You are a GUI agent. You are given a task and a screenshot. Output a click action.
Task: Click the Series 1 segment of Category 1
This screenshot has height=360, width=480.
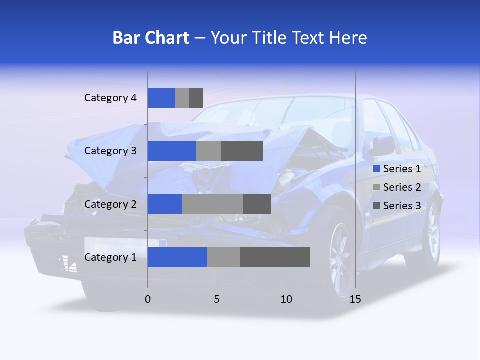[177, 257]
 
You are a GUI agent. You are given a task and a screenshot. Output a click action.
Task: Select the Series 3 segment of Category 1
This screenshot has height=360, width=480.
[275, 257]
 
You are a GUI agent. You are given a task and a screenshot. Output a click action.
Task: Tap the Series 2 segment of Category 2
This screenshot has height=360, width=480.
[213, 204]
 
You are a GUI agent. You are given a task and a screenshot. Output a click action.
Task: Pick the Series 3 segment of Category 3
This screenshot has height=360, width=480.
[242, 151]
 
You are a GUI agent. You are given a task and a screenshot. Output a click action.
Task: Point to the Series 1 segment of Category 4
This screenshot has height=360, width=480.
[161, 98]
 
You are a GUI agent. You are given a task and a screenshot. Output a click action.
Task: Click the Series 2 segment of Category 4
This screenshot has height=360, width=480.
[182, 98]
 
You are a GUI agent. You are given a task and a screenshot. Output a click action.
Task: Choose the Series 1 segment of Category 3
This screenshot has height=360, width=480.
[172, 151]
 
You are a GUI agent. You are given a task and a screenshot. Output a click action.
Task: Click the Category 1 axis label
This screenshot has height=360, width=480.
[110, 257]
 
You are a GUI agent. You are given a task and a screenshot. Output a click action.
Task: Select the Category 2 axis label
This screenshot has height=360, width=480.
[110, 204]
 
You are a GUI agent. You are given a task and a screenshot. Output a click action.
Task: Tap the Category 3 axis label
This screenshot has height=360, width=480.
[110, 151]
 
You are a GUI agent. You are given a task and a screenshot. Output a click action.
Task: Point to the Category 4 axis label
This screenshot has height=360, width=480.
[110, 98]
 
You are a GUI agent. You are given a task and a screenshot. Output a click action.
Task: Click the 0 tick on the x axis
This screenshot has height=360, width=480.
[148, 299]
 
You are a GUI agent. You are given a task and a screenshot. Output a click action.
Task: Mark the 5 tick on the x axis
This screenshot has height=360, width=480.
[217, 299]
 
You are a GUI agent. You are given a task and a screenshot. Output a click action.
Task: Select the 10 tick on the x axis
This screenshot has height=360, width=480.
[286, 299]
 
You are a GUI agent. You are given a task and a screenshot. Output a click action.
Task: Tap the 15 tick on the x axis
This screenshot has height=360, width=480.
[355, 299]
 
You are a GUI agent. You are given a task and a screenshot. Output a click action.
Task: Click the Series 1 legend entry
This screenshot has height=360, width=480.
[397, 169]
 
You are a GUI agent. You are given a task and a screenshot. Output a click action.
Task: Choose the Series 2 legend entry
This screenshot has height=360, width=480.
[397, 187]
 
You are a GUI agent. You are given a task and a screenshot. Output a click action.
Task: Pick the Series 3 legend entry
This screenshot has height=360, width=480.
[397, 206]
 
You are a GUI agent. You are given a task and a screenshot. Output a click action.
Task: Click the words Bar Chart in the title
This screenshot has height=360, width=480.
[151, 38]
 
